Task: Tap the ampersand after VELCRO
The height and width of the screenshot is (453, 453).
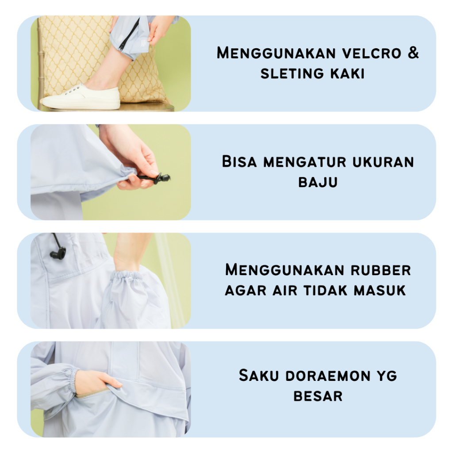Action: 414,53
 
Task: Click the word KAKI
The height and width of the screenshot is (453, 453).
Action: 348,73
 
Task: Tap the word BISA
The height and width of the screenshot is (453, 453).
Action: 239,161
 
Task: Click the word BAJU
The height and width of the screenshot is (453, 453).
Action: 318,183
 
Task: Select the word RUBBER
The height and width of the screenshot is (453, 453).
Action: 381,270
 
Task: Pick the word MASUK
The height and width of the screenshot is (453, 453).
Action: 380,290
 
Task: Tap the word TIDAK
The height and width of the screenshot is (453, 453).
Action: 326,290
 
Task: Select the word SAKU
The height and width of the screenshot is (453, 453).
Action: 259,376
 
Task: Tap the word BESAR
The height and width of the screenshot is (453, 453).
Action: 318,396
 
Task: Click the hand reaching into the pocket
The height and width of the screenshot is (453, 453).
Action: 97,381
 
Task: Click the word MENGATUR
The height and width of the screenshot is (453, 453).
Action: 304,162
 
